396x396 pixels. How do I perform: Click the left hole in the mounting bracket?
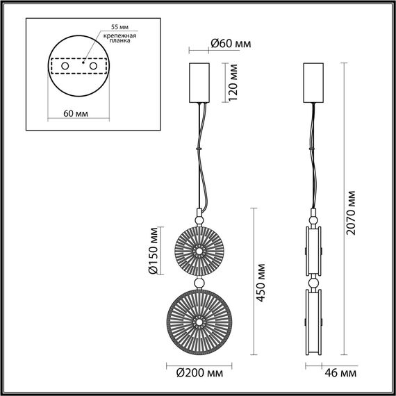click(65, 66)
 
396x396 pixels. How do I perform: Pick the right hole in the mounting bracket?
click(89, 66)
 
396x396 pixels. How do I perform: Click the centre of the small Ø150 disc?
click(199, 251)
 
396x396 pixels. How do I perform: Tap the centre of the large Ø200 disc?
click(199, 322)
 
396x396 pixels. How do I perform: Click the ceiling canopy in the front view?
click(200, 83)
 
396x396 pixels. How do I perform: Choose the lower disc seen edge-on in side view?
click(315, 322)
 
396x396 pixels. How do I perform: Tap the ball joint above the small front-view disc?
click(199, 219)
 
